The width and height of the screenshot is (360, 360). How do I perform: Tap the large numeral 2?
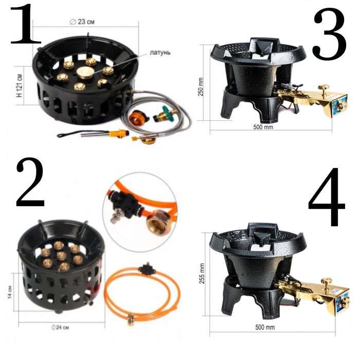[x=30, y=183]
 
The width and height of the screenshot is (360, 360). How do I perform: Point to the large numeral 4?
[x=326, y=196]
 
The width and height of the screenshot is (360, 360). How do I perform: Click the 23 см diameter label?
[x=82, y=22]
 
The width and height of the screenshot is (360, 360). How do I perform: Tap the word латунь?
[x=160, y=52]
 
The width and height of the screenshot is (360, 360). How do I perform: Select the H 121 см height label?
[x=20, y=85]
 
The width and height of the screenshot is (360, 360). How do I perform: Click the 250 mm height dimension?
[x=201, y=87]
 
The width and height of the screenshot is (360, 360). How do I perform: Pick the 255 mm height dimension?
[x=202, y=274]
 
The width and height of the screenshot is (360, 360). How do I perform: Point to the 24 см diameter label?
[x=60, y=327]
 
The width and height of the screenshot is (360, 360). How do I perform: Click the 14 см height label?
[x=10, y=292]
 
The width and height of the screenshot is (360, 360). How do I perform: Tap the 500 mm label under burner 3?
[x=263, y=127]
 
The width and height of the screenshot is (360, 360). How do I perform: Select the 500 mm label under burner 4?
[x=265, y=327]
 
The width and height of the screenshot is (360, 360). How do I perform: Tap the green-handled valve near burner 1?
[x=165, y=114]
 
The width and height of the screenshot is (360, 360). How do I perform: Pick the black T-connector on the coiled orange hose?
[x=147, y=268]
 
